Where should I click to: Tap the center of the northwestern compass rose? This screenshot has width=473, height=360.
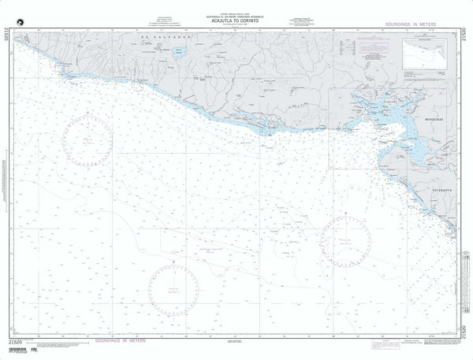(88, 141)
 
